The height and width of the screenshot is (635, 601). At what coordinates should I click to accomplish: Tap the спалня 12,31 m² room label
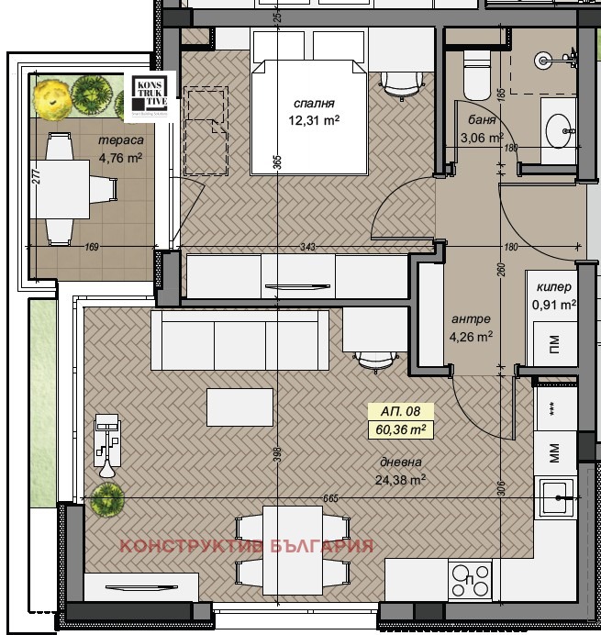pyautogui.click(x=314, y=111)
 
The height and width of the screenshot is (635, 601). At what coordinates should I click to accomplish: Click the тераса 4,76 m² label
pyautogui.click(x=121, y=150)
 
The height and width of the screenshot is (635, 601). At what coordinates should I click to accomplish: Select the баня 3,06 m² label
pyautogui.click(x=482, y=130)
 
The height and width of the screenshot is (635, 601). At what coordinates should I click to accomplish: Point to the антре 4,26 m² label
pyautogui.click(x=472, y=328)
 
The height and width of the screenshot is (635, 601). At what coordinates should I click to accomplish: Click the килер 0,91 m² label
pyautogui.click(x=554, y=295)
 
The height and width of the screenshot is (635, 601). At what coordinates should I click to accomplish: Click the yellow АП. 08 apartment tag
pyautogui.click(x=400, y=412)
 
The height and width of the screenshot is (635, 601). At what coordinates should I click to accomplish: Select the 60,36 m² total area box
pyautogui.click(x=400, y=428)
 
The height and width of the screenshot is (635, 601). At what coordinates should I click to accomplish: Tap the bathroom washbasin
pyautogui.click(x=559, y=130)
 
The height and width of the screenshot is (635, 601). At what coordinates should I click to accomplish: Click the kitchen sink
pyautogui.click(x=556, y=500)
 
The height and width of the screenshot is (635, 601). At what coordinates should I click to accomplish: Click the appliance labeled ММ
pyautogui.click(x=554, y=451)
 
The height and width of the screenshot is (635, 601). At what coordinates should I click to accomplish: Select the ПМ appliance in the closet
pyautogui.click(x=554, y=346)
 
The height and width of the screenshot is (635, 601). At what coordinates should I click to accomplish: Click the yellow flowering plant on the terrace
pyautogui.click(x=50, y=93)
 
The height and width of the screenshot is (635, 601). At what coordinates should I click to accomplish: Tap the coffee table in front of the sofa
pyautogui.click(x=240, y=407)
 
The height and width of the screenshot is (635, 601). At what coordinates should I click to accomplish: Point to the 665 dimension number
pyautogui.click(x=331, y=497)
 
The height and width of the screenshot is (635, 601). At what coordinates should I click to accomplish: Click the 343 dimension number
pyautogui.click(x=307, y=246)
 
